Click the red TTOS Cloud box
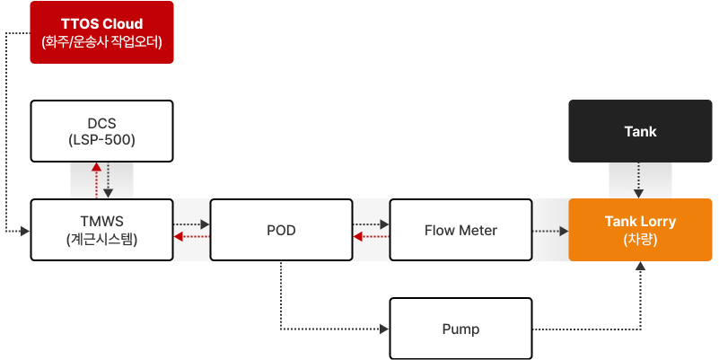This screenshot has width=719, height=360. (101, 32)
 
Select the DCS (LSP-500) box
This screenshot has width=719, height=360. (101, 131)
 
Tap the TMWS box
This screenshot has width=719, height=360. (101, 230)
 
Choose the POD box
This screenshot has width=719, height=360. (281, 230)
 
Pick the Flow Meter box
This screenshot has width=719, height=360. (460, 230)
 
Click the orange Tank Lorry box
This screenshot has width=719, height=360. (640, 230)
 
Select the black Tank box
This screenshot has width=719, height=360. (640, 131)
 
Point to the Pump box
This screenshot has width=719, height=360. (460, 329)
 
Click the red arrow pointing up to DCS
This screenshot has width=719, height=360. (96, 180)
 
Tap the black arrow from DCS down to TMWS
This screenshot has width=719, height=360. (108, 180)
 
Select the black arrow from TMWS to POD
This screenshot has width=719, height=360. (192, 224)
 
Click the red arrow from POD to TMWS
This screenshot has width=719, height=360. (192, 237)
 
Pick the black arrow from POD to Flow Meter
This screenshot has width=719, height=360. (371, 224)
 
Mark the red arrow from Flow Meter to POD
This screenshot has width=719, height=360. (371, 237)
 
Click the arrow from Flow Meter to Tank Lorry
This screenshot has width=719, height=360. (551, 231)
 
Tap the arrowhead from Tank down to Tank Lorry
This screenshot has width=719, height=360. (639, 194)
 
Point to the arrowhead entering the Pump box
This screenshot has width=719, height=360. (384, 329)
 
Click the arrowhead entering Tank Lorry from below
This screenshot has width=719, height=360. (641, 266)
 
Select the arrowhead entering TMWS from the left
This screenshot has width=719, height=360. (25, 231)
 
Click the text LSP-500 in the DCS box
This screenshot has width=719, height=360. (101, 139)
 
